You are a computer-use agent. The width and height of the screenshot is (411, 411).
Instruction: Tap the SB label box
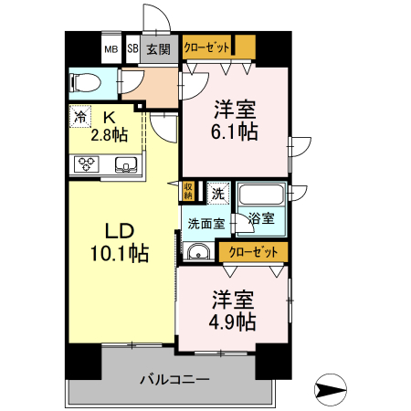(132, 49)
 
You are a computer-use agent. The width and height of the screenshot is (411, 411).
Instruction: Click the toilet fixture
(85, 83)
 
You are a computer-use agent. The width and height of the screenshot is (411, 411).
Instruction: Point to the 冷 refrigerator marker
(81, 117)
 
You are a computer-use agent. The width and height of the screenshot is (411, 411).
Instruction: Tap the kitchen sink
(126, 164)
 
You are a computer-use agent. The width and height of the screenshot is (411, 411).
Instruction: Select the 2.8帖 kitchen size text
(109, 135)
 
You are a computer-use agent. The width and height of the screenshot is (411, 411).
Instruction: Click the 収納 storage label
(188, 190)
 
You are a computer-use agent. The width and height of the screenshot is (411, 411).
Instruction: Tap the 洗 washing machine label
(217, 193)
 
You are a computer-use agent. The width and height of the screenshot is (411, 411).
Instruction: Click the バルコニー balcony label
(175, 378)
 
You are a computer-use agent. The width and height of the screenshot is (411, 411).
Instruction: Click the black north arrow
(331, 390)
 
